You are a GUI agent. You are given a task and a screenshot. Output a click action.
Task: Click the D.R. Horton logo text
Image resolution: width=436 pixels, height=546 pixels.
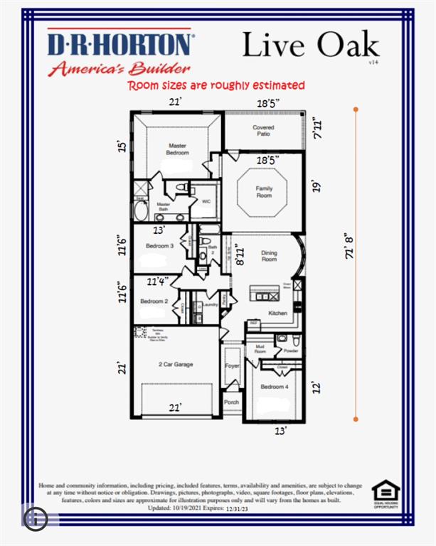tap(119, 45)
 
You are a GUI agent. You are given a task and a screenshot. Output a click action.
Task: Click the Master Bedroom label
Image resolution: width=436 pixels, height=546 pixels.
tap(178, 149)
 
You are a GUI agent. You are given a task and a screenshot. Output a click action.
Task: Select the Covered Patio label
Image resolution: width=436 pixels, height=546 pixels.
tap(263, 131)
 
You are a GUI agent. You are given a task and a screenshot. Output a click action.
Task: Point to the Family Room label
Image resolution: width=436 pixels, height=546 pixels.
tap(265, 191)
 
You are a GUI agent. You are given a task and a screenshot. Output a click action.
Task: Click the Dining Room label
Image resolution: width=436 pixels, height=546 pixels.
tap(269, 257)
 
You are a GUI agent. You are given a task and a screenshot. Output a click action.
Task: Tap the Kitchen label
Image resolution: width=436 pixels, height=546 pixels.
tap(277, 313)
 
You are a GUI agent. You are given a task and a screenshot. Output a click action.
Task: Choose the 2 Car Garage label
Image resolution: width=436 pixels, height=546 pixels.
tap(176, 364)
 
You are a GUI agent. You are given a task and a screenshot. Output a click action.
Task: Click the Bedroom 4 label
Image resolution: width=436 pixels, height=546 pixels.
tap(275, 387)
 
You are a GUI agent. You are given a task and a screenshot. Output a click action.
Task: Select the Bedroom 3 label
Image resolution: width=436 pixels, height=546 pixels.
tap(159, 246)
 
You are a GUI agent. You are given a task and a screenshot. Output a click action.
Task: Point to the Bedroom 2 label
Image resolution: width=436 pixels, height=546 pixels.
tap(154, 301)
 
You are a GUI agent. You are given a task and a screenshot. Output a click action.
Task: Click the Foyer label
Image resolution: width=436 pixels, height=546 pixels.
tap(233, 368)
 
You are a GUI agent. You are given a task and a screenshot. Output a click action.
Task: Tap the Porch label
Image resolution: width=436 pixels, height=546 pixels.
tap(232, 402)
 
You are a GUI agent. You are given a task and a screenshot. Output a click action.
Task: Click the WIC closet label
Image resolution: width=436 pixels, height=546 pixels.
tap(206, 201)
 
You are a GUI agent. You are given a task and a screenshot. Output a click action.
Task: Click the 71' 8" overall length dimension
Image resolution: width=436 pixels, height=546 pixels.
tap(349, 247)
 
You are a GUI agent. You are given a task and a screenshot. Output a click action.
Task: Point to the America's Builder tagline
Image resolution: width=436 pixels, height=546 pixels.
tap(119, 69)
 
